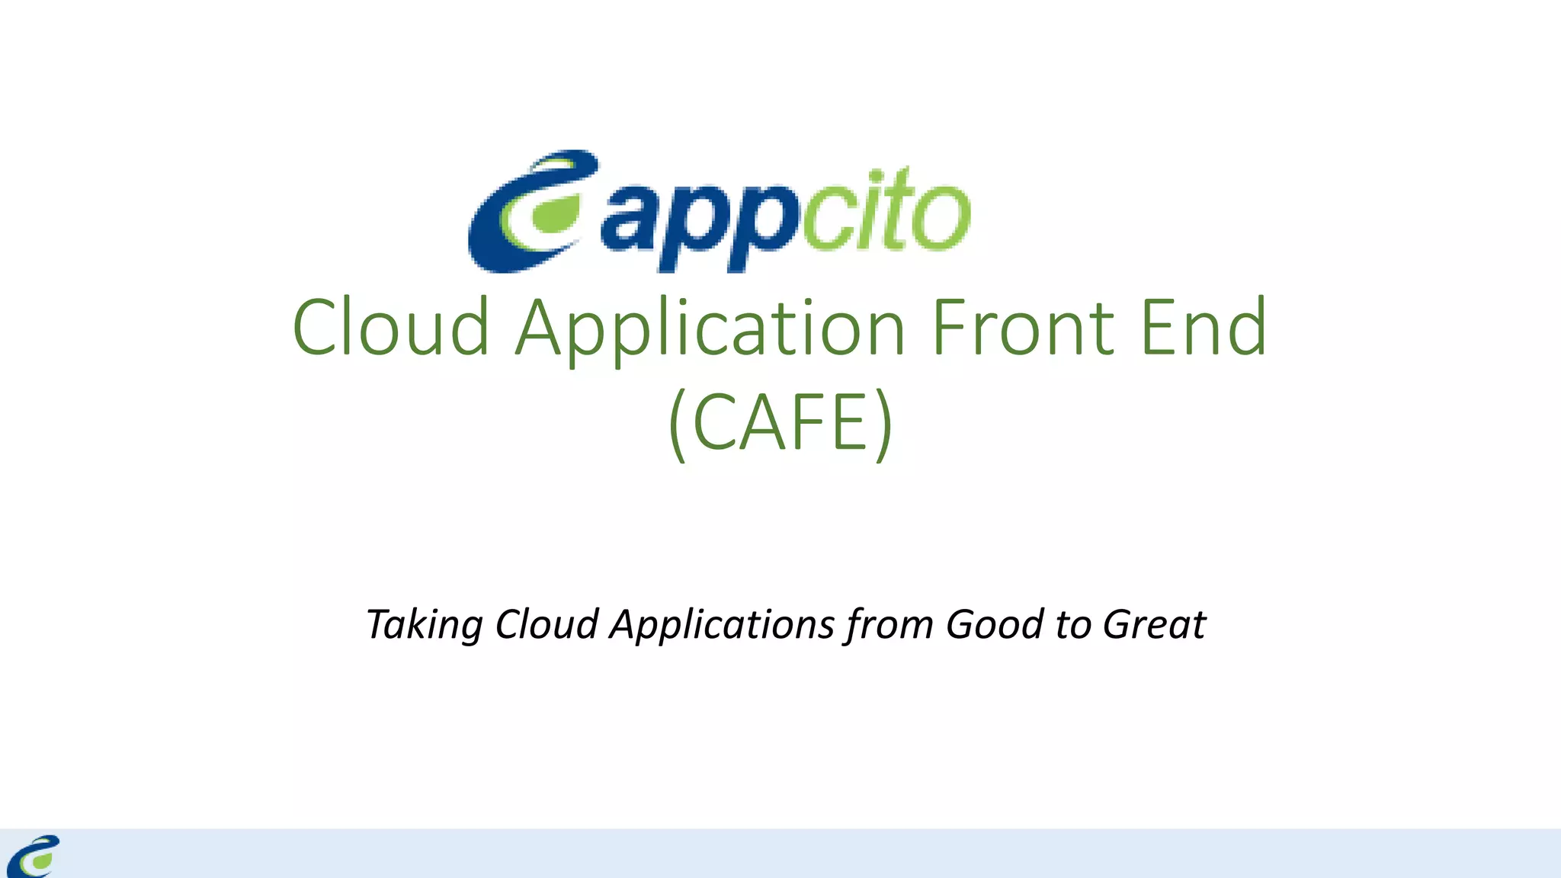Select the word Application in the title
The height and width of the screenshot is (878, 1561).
[x=710, y=329]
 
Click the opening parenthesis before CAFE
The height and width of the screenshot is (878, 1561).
[x=679, y=424]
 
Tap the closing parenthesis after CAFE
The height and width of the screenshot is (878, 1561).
[x=883, y=424]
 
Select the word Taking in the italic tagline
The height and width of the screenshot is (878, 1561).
[x=424, y=626]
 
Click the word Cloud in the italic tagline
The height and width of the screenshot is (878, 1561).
[x=547, y=624]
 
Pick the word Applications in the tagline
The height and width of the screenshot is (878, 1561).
[x=723, y=626]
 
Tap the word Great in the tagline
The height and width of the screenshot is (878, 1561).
[x=1154, y=624]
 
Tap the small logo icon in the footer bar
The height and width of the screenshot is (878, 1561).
[x=34, y=856]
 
